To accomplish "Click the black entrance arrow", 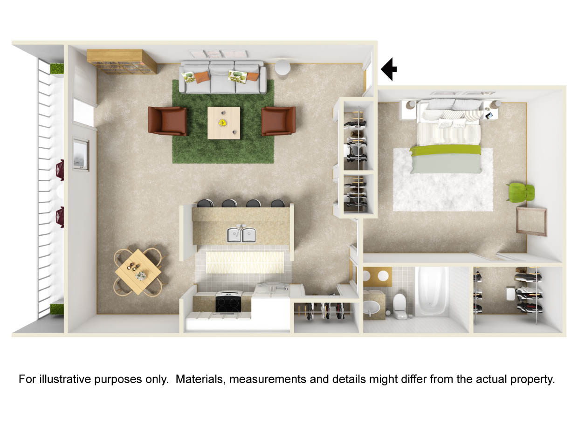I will point(388,69).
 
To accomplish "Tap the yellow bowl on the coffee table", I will point(223,123).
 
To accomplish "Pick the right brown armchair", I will point(279,121).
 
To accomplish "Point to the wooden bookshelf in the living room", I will point(122,62).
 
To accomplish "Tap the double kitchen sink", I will point(242,234).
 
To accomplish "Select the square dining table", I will point(138,271).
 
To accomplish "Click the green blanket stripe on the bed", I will point(445,150).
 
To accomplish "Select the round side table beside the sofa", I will point(282,68).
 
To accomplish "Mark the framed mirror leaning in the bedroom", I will point(531,221).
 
